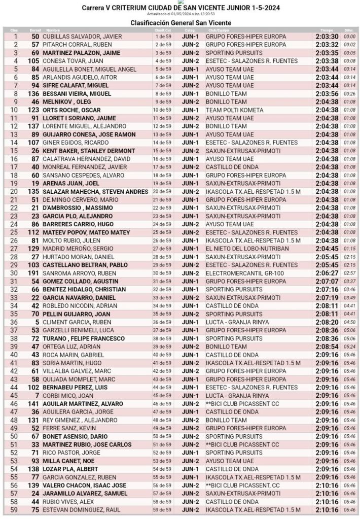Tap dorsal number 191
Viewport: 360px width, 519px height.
(33, 273)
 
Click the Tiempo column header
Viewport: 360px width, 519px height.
(327, 30)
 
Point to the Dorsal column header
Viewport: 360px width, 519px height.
(34, 30)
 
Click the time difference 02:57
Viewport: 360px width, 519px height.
(349, 273)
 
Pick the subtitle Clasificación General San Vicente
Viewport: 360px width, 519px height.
(181, 23)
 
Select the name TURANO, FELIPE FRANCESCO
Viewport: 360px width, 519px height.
(84, 338)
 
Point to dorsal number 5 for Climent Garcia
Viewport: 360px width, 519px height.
(37, 322)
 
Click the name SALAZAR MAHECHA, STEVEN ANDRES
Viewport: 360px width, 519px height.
(96, 192)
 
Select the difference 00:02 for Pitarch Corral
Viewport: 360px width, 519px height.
(349, 45)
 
